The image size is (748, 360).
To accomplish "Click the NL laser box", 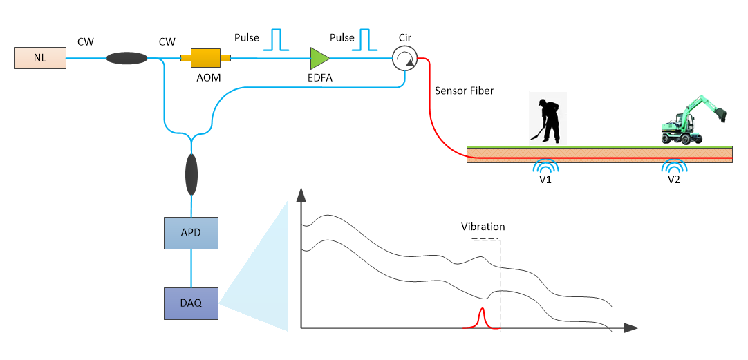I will tap(40, 58).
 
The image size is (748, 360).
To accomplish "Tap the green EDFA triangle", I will tap(319, 59).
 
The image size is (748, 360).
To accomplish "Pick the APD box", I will tap(191, 233).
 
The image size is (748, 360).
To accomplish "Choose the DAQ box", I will tap(191, 303).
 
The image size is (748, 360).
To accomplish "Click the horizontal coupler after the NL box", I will tap(127, 59).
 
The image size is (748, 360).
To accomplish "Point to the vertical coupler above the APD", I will tap(191, 176).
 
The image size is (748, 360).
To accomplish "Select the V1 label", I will tap(545, 180).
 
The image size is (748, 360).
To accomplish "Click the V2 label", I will tap(674, 180).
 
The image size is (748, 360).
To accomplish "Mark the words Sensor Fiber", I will tap(464, 91).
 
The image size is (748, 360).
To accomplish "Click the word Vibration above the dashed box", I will tap(483, 227).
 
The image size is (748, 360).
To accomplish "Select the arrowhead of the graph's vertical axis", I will tap(301, 194).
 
